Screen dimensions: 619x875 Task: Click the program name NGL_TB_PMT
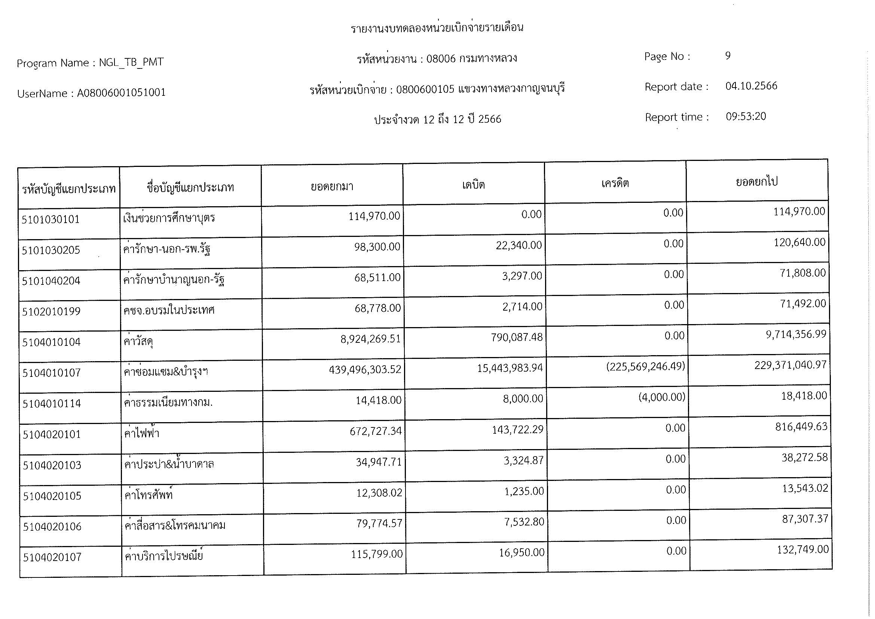tap(131, 62)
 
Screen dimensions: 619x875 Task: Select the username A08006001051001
tap(121, 92)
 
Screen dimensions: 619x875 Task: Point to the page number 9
tap(728, 56)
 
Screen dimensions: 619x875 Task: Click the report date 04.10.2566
tap(751, 86)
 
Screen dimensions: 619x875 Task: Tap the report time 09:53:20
tap(746, 116)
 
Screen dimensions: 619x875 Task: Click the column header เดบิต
tap(473, 185)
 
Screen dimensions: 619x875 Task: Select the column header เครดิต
tap(615, 183)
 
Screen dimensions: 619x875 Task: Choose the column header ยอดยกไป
tap(756, 182)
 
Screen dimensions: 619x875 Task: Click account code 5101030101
tap(51, 220)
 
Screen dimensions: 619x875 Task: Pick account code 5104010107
tap(52, 373)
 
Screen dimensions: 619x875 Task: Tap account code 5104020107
tap(52, 557)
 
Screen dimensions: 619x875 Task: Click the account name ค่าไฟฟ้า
tap(142, 433)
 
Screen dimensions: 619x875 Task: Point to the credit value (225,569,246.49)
tap(645, 367)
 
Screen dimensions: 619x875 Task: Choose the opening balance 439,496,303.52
tap(365, 369)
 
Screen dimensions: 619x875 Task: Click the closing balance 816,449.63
tap(801, 426)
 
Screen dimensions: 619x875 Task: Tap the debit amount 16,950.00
tap(521, 552)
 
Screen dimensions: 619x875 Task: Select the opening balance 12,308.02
tap(379, 493)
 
